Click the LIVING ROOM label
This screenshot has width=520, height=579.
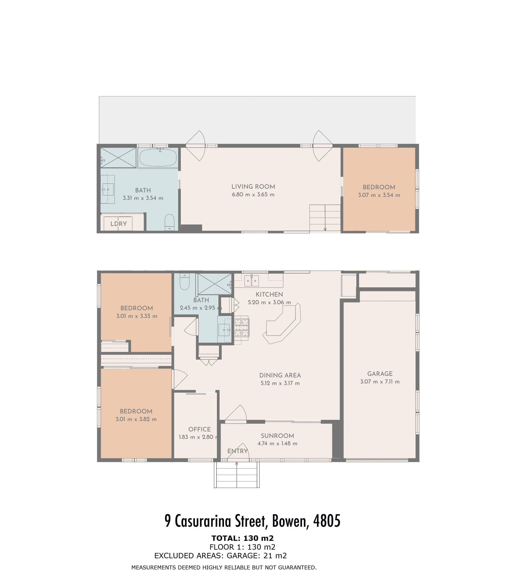point(253,187)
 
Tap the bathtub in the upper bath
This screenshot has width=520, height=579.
point(158,157)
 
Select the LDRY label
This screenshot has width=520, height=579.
point(119,224)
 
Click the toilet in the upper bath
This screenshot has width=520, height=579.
point(170,222)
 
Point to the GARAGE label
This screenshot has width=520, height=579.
point(380,374)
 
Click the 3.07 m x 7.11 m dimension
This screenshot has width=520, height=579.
point(380,382)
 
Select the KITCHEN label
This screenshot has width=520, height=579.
point(269,294)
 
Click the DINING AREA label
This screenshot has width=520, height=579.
point(280,375)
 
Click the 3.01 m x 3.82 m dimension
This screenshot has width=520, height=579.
point(136,419)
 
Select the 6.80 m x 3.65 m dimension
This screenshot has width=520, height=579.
point(253,195)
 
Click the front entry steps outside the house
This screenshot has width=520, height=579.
point(236,474)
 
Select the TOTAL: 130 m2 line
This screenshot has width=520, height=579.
point(243,538)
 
